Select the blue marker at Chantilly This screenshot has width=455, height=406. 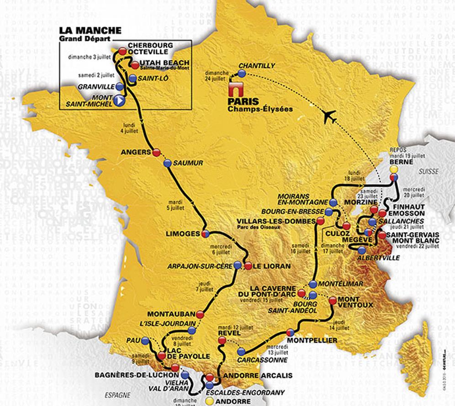point(242,73)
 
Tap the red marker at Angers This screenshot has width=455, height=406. point(156,152)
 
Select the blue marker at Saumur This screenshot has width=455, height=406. point(167,162)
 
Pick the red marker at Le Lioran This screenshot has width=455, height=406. point(248,265)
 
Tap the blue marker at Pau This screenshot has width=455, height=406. point(145,340)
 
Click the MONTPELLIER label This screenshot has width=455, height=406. point(312,340)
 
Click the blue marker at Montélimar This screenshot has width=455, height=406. point(312,283)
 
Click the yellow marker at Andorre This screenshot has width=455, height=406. point(210,401)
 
